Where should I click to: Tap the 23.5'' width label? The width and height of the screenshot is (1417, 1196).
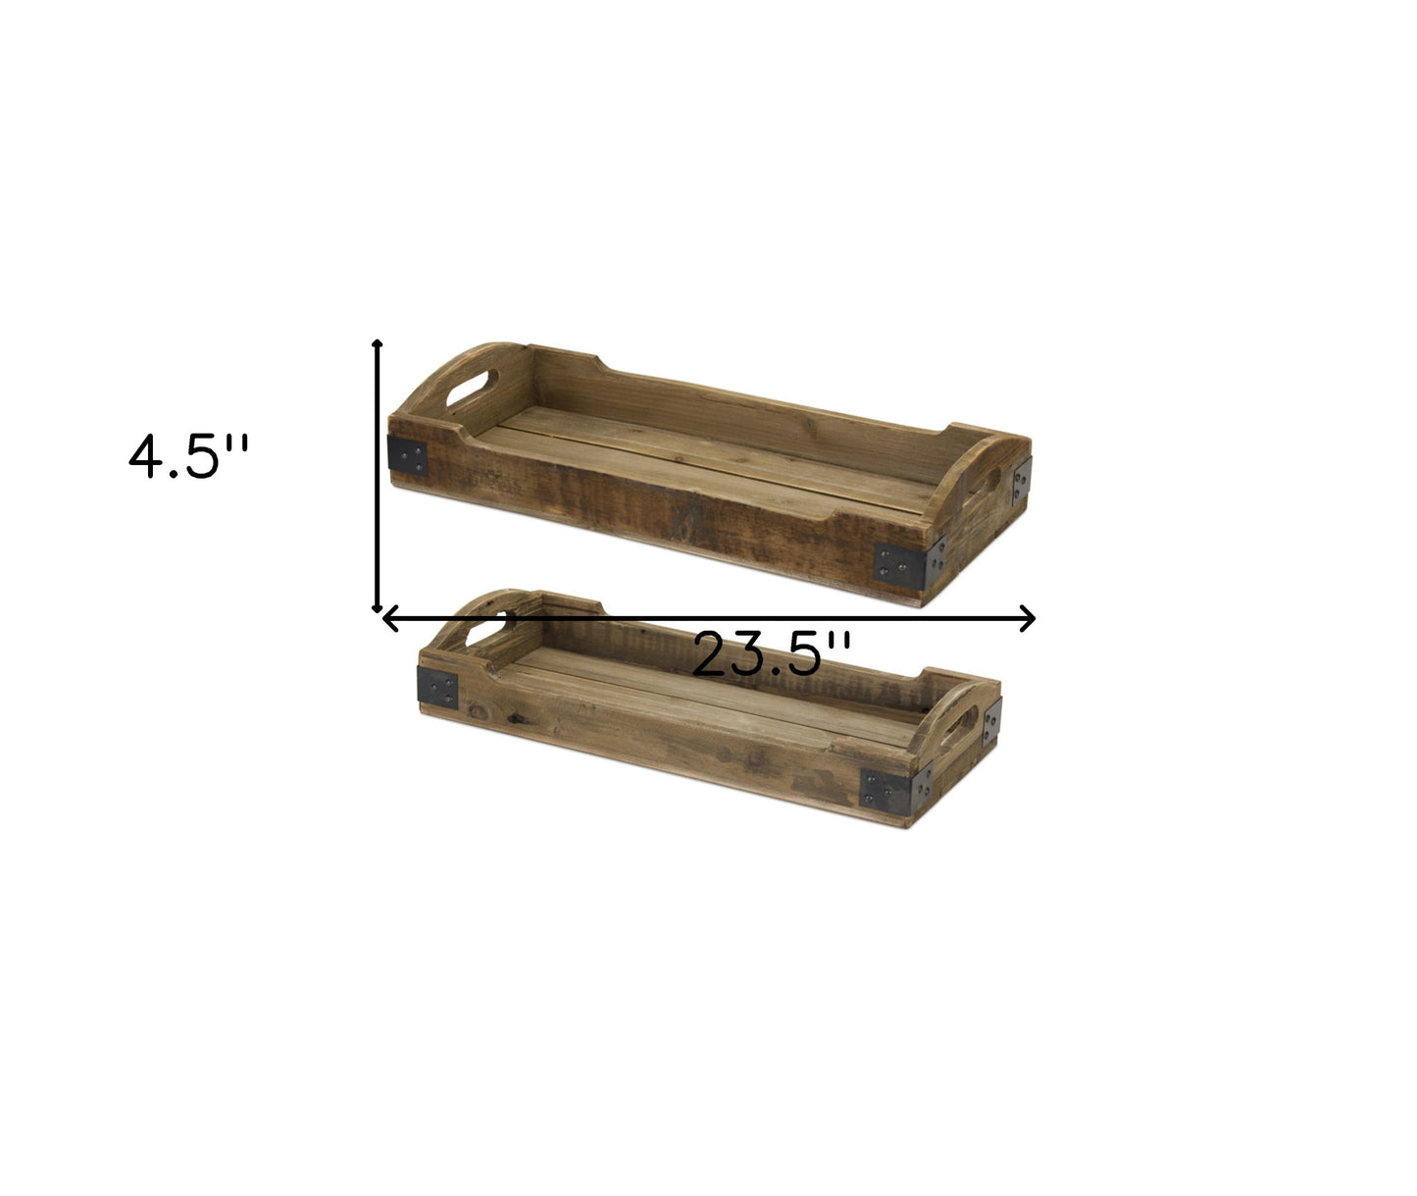[771, 654]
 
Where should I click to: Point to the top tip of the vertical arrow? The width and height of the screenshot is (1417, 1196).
[377, 344]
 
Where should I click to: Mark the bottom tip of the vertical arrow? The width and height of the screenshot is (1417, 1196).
[377, 607]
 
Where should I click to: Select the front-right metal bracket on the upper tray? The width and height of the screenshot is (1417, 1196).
[899, 563]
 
